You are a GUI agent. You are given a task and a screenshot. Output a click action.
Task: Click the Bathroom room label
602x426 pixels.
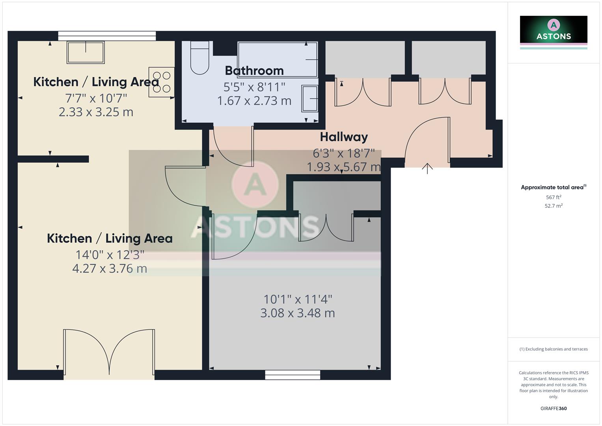click(x=254, y=71)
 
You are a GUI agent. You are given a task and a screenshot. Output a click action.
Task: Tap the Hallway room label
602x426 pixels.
click(x=344, y=137)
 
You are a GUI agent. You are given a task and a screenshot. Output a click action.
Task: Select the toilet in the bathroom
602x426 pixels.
click(x=199, y=58)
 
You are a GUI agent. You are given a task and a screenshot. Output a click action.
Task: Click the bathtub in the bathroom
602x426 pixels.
click(x=277, y=60)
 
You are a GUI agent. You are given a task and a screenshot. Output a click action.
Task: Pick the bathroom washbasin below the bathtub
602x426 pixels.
click(x=310, y=99)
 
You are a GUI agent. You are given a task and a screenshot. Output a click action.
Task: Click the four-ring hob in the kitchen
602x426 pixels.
click(x=161, y=82)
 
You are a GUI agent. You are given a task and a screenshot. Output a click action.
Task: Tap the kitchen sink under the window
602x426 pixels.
click(x=86, y=52)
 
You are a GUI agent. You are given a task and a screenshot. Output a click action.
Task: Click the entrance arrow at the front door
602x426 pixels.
click(x=427, y=168)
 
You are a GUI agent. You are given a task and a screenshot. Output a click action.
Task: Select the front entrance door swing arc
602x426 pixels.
click(x=426, y=138)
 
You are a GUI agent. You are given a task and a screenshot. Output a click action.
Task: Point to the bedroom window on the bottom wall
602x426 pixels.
click(x=293, y=375)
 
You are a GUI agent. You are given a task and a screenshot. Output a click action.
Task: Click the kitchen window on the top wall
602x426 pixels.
click(x=107, y=36)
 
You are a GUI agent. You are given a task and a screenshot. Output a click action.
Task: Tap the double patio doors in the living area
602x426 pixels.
click(x=109, y=353)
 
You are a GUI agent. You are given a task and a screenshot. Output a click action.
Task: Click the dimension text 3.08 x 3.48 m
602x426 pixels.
click(x=298, y=313)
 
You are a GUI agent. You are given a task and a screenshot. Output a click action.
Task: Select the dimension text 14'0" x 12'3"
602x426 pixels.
click(x=110, y=255)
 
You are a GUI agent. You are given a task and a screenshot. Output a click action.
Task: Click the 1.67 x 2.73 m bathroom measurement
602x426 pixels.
click(x=254, y=101)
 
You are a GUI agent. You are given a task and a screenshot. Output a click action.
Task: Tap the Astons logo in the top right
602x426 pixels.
click(x=554, y=32)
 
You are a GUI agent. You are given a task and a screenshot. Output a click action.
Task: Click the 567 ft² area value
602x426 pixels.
click(x=554, y=197)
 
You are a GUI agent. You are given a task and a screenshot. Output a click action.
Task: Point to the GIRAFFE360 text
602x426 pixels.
click(x=554, y=408)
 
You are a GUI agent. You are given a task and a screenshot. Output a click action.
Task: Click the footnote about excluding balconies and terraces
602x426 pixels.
click(x=554, y=349)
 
